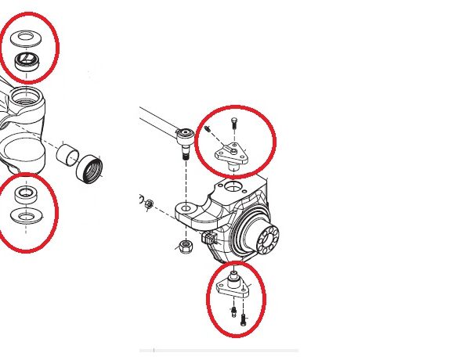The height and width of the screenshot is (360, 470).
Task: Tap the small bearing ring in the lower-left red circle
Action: pyautogui.click(x=26, y=194)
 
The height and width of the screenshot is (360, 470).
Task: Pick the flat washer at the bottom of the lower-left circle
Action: pyautogui.click(x=26, y=215)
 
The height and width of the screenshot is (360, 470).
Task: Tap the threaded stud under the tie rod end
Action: pyautogui.click(x=186, y=157)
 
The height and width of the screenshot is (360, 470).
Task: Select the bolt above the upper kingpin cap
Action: pyautogui.click(x=233, y=124)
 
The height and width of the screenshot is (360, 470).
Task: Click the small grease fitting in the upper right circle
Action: pyautogui.click(x=209, y=129)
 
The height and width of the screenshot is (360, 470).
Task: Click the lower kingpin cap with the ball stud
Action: pyautogui.click(x=234, y=286)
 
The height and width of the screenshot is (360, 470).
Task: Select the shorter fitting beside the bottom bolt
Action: pyautogui.click(x=233, y=313)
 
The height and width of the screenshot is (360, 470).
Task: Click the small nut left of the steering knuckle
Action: pyautogui.click(x=148, y=204)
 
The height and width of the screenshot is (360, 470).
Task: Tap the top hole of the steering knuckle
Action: pyautogui.click(x=234, y=186)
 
